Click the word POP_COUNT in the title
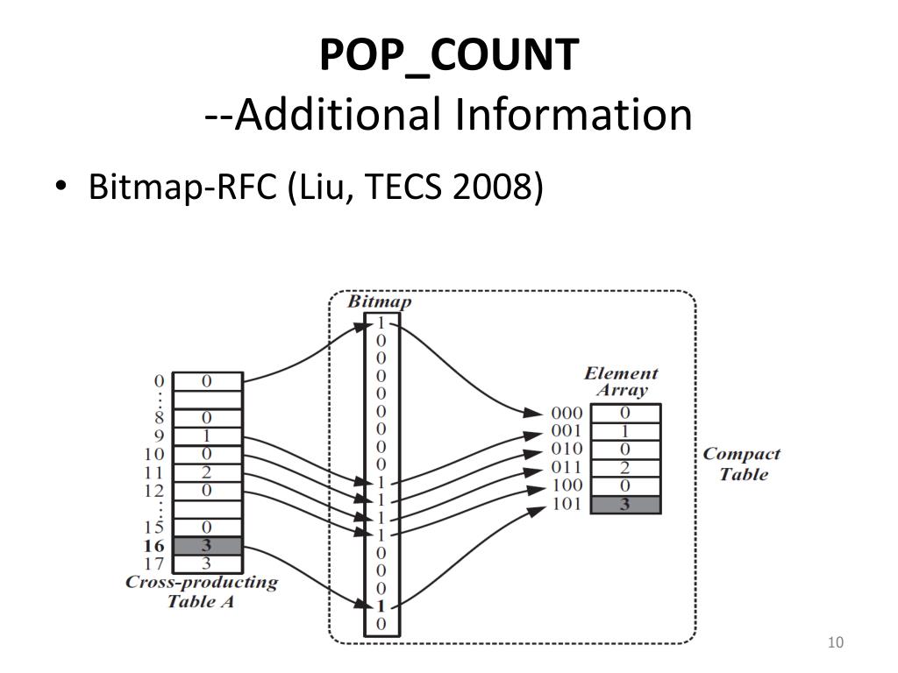(x=449, y=55)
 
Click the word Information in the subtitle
(x=573, y=115)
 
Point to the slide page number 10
(x=835, y=644)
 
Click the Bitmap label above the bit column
(x=380, y=301)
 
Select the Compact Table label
(x=742, y=464)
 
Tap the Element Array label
(x=621, y=382)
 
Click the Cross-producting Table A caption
(x=202, y=592)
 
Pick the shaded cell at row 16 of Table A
(x=207, y=545)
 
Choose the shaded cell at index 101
(x=625, y=505)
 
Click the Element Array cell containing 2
(x=625, y=467)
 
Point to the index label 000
(x=567, y=413)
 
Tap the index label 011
(x=567, y=467)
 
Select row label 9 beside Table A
(x=159, y=436)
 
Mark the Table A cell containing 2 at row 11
(x=207, y=472)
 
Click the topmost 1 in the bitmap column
(x=381, y=322)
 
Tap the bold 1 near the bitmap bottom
(x=381, y=606)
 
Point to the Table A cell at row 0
(x=207, y=381)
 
